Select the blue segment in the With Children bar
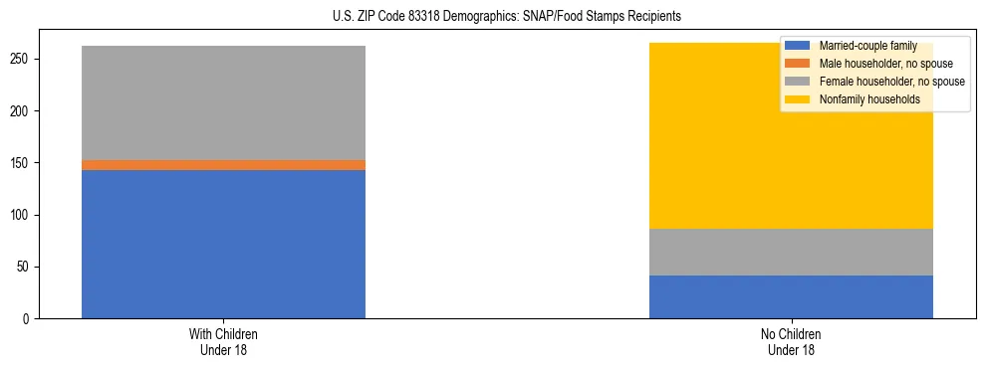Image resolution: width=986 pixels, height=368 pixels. coord(223,244)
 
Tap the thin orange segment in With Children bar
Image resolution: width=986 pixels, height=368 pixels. coord(223,165)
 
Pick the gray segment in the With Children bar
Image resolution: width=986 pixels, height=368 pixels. coord(223,102)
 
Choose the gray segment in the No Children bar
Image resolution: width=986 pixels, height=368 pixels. coord(791,252)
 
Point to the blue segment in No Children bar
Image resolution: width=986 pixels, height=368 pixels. coord(791,296)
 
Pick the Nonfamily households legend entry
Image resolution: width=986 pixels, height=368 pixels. coord(863,99)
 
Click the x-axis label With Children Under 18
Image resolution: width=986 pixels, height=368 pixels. coord(223,341)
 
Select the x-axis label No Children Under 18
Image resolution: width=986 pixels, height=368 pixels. coord(791,341)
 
